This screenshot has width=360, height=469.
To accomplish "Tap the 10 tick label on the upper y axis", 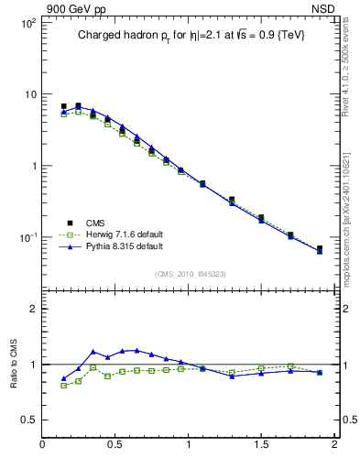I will pos(29,94).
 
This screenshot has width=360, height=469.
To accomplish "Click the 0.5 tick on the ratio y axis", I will pos(28,420).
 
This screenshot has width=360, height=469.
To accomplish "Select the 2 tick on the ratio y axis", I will pos(32,309).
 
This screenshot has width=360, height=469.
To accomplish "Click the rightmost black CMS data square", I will pos(320,248).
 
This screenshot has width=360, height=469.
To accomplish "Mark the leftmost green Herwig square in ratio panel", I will pos(64,386).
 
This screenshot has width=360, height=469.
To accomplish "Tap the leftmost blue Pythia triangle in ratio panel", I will pos(64,378).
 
